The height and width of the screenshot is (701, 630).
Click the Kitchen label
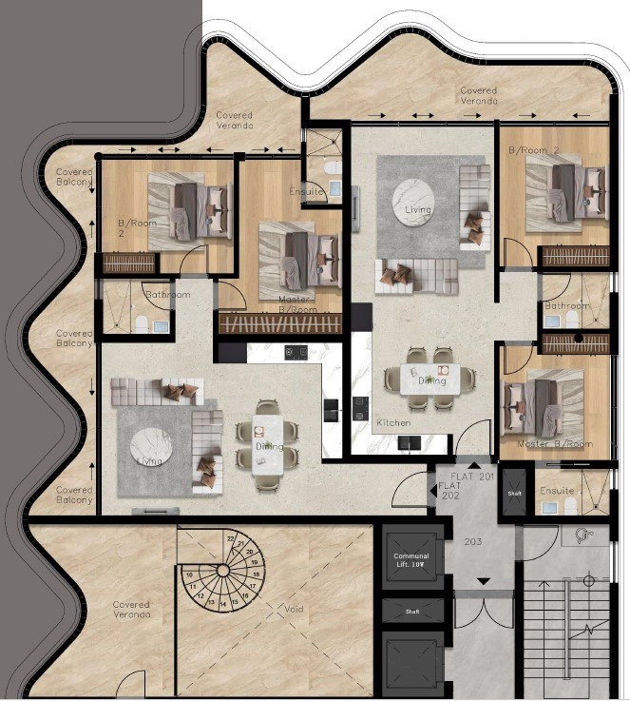[392, 421]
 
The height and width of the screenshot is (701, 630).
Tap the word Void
[291, 608]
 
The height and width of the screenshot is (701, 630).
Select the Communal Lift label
[410, 560]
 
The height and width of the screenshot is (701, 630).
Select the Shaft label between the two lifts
[411, 612]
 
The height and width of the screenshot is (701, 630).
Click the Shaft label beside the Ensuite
[514, 493]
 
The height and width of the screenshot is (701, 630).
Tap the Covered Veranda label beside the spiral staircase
[131, 609]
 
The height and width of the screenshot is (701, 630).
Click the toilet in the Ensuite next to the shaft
[550, 508]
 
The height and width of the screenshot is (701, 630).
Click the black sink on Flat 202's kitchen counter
[330, 410]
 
